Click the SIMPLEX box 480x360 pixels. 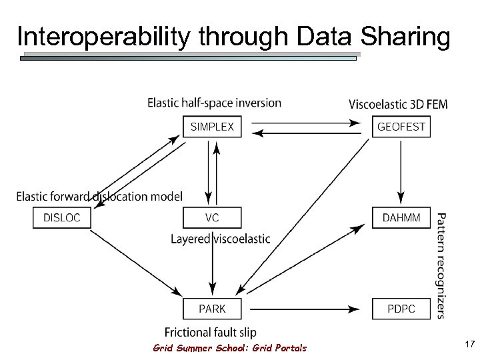(212, 127)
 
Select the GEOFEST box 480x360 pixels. (401, 127)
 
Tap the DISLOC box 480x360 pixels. (61, 218)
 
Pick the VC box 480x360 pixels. (212, 218)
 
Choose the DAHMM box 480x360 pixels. (401, 218)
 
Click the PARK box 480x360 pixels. (212, 309)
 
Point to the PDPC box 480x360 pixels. (401, 309)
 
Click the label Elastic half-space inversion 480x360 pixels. (214, 103)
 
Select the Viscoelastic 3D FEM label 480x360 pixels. (398, 105)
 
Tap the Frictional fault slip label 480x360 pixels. (210, 332)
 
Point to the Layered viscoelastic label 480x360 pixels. (221, 239)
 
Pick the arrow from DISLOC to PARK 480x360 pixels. (133, 260)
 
